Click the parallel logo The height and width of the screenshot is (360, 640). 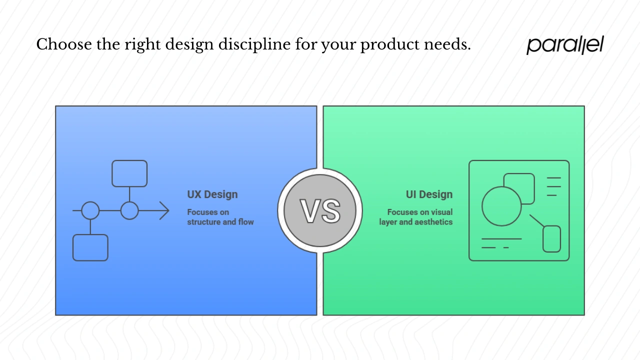(565, 45)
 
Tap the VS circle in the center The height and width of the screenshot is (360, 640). (320, 210)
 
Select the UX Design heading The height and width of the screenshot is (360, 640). (212, 194)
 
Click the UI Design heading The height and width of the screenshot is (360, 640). (429, 194)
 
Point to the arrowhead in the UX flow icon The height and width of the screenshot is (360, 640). (165, 211)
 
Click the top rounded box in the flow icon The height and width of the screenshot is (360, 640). (129, 173)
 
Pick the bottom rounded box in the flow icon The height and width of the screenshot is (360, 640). (90, 247)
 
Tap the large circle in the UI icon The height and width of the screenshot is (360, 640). (501, 206)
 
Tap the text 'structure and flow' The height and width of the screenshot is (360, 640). (220, 221)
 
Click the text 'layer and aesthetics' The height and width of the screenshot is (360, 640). (415, 221)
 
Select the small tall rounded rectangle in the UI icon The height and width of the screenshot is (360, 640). (551, 239)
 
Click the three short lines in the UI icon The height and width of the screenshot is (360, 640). (553, 186)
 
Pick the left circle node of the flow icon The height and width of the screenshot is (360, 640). (90, 211)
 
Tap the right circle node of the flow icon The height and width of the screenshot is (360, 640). (129, 211)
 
